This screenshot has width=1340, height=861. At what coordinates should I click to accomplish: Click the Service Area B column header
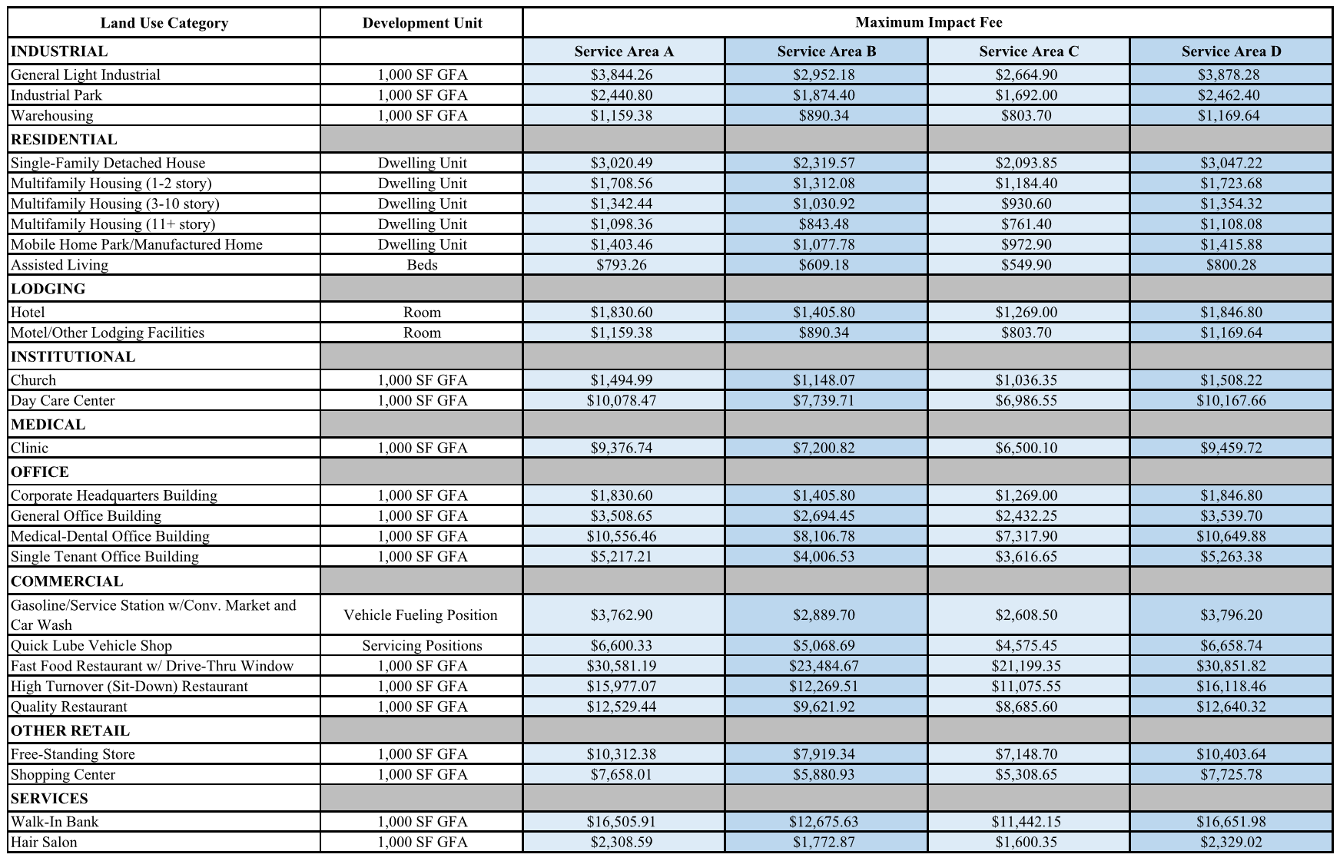[826, 51]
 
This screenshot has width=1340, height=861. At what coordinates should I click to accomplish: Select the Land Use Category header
[164, 23]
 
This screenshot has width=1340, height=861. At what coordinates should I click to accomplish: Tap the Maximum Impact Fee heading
[928, 22]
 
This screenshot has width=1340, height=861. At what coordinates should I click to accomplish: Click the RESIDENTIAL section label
[64, 140]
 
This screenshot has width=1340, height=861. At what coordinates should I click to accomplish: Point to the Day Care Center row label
[63, 400]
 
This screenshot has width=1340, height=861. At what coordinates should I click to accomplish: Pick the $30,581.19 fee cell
[622, 666]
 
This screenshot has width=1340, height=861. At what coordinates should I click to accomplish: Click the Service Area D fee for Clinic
[1231, 448]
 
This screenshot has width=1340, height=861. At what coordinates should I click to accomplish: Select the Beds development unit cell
[422, 265]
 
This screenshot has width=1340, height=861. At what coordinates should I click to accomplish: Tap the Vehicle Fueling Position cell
[420, 614]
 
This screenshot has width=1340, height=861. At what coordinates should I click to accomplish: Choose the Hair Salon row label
[44, 842]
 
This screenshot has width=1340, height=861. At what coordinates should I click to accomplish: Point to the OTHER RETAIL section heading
[70, 730]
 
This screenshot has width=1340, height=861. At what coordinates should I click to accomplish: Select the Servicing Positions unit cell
[422, 646]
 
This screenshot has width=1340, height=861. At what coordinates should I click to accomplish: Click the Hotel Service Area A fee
[622, 313]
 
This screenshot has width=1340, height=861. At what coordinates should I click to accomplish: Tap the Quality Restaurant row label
[69, 707]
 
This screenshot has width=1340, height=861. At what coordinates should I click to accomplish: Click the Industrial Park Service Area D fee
[1231, 95]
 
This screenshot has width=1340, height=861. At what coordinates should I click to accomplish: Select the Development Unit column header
[422, 23]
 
